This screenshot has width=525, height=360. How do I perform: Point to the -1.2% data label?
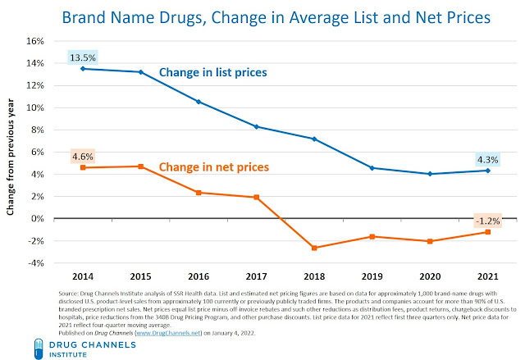(x=487, y=220)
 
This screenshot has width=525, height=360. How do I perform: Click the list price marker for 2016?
(x=199, y=102)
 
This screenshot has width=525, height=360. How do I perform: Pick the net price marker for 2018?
(x=314, y=248)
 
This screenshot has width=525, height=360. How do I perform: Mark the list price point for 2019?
(x=372, y=168)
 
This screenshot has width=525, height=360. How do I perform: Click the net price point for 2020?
(x=430, y=241)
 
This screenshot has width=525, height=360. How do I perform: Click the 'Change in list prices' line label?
(x=212, y=71)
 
